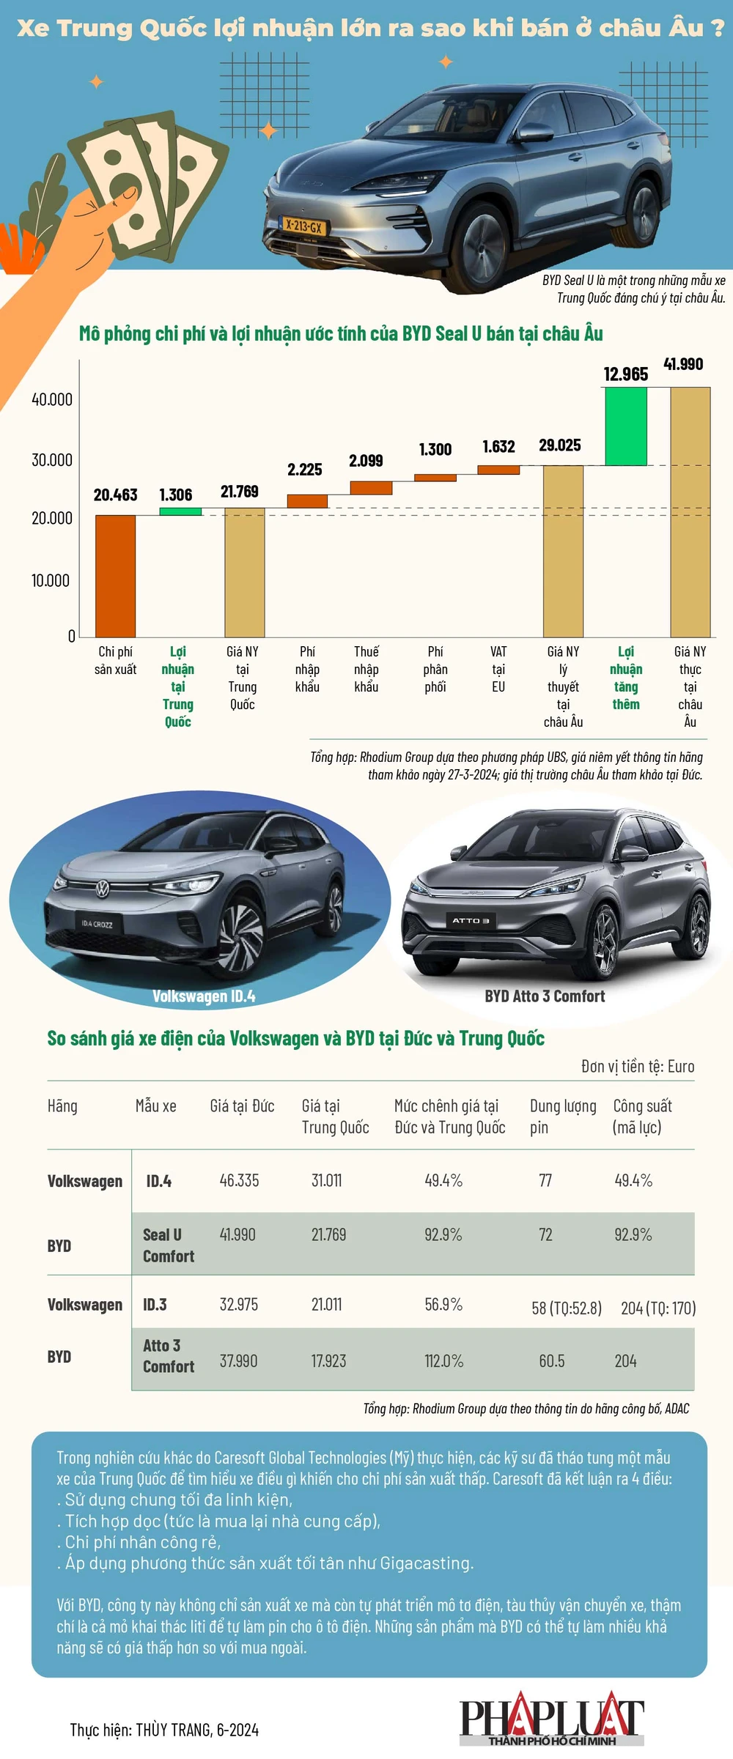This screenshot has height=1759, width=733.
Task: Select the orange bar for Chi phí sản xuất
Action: coord(115,576)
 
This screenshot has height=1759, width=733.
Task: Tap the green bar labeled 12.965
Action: coord(625,426)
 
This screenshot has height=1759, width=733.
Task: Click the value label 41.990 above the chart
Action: coord(683,364)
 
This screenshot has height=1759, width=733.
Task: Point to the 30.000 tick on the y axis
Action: coord(51,460)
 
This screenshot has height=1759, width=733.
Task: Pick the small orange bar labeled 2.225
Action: coord(307,501)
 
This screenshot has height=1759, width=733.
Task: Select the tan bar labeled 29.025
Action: coord(563,551)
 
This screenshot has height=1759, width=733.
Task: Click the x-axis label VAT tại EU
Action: coord(498,669)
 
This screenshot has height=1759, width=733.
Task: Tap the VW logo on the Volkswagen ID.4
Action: coord(102,889)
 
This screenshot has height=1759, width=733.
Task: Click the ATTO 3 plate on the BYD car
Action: coord(470,920)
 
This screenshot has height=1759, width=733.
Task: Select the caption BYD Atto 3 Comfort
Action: coord(545,996)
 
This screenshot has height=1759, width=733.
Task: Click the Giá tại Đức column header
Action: coord(242,1106)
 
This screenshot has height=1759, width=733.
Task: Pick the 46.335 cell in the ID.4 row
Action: coord(239,1180)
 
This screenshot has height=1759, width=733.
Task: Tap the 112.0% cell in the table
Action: coord(443,1361)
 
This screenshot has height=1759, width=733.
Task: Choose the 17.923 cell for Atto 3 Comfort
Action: coord(328,1361)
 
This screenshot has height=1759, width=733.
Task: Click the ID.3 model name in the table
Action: coord(155,1305)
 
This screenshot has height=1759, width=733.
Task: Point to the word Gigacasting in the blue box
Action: coord(427,1563)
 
